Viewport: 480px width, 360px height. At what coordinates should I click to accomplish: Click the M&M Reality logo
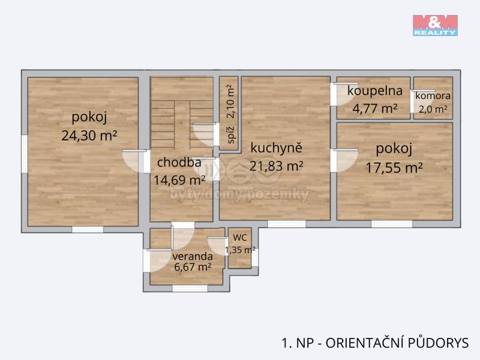click(x=435, y=25)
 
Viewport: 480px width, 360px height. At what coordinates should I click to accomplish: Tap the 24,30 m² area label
click(x=89, y=136)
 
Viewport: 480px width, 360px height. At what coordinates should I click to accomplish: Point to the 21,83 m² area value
click(x=276, y=166)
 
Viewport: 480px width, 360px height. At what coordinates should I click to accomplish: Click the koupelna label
click(x=374, y=91)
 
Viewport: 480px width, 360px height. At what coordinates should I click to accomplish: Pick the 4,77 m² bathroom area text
click(x=374, y=109)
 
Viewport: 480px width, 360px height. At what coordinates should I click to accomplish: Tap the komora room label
click(x=433, y=96)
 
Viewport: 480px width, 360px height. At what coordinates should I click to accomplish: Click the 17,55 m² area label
click(x=394, y=168)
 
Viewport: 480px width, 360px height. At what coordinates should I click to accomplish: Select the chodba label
click(x=179, y=162)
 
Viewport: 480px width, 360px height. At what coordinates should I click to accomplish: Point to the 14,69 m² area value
click(x=179, y=181)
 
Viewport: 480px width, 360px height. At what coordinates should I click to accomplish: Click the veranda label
click(x=192, y=256)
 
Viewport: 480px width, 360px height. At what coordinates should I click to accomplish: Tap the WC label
click(x=239, y=238)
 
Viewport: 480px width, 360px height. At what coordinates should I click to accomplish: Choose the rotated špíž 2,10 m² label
click(x=231, y=114)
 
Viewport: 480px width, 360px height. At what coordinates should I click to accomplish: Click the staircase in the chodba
click(x=182, y=125)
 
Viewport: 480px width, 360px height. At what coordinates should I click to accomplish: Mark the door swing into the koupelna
click(x=346, y=94)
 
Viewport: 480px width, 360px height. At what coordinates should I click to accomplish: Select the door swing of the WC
click(x=217, y=247)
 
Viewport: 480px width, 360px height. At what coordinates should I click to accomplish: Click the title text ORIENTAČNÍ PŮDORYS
click(x=397, y=343)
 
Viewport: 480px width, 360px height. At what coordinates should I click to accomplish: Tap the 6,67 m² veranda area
click(x=192, y=267)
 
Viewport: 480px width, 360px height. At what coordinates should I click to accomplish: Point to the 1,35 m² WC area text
click(x=240, y=250)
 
